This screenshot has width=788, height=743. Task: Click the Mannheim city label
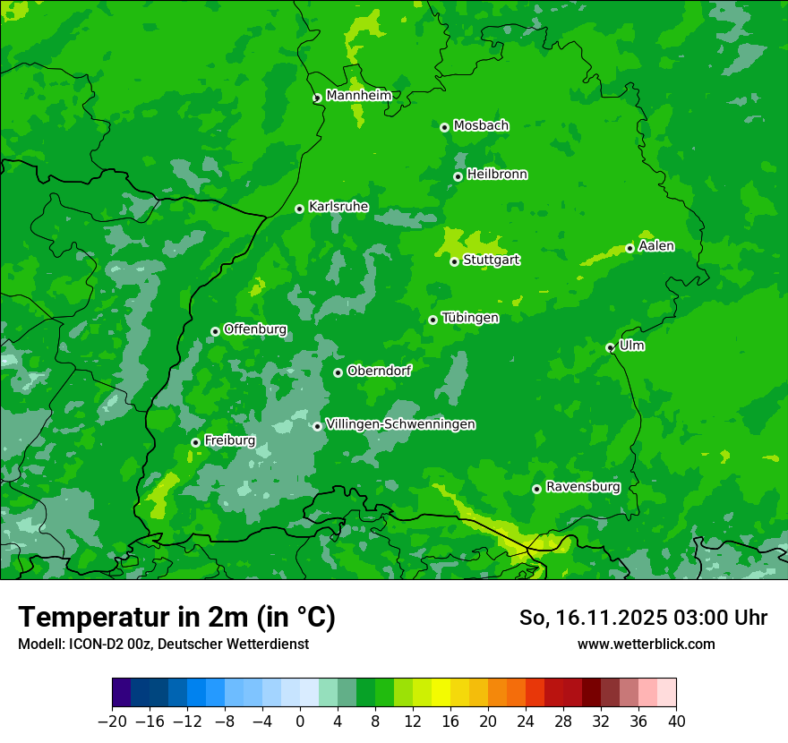pos(358,96)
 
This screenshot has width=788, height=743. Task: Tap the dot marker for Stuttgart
pos(455,261)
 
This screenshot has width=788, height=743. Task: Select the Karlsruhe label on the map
pos(338,207)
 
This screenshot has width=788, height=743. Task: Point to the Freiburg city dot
pos(195,442)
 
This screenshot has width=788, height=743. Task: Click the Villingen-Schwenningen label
pos(401,424)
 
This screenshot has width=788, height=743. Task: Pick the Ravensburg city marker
pos(536,489)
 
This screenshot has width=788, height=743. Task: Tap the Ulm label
pos(632,346)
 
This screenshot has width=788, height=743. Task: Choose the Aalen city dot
pos(630,248)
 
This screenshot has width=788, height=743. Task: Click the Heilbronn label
pos(497,175)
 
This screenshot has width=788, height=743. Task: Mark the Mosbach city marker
pos(444,127)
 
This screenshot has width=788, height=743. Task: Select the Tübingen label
pos(470,318)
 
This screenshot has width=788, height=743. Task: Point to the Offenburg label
pos(255,329)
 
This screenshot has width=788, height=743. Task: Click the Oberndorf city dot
pos(338,372)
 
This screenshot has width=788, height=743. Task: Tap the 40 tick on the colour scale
pos(676,722)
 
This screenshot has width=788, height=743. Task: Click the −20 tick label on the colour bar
pos(112,722)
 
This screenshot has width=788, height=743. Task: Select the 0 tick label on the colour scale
pos(300,722)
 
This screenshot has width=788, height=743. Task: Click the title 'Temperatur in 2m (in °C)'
pos(176,618)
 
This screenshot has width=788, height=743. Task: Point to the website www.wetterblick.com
pos(646,644)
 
